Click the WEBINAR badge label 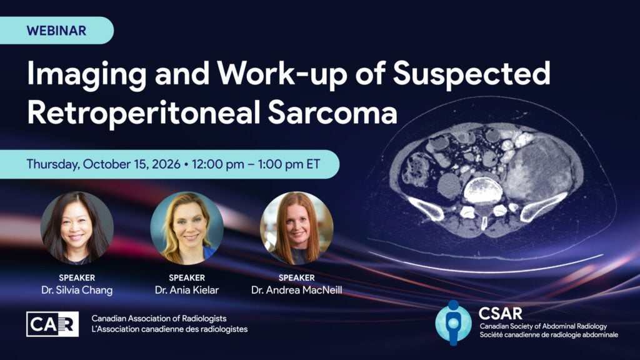pyautogui.click(x=56, y=31)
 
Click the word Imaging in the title pyautogui.click(x=86, y=75)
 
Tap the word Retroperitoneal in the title pyautogui.click(x=143, y=112)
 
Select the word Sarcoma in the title pyautogui.click(x=332, y=112)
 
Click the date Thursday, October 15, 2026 pyautogui.click(x=103, y=164)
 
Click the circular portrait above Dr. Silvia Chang pyautogui.click(x=77, y=228)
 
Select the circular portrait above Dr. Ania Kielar pyautogui.click(x=187, y=228)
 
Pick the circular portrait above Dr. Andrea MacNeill pyautogui.click(x=297, y=228)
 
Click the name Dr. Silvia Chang pyautogui.click(x=77, y=290)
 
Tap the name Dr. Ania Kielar pyautogui.click(x=187, y=290)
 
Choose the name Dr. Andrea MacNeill pyautogui.click(x=297, y=290)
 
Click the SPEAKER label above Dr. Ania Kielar pyautogui.click(x=187, y=277)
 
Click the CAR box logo pyautogui.click(x=52, y=324)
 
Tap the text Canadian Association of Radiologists pyautogui.click(x=159, y=318)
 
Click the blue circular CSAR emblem pyautogui.click(x=453, y=322)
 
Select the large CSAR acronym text pyautogui.click(x=500, y=314)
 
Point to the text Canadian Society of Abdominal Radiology pyautogui.click(x=543, y=326)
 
